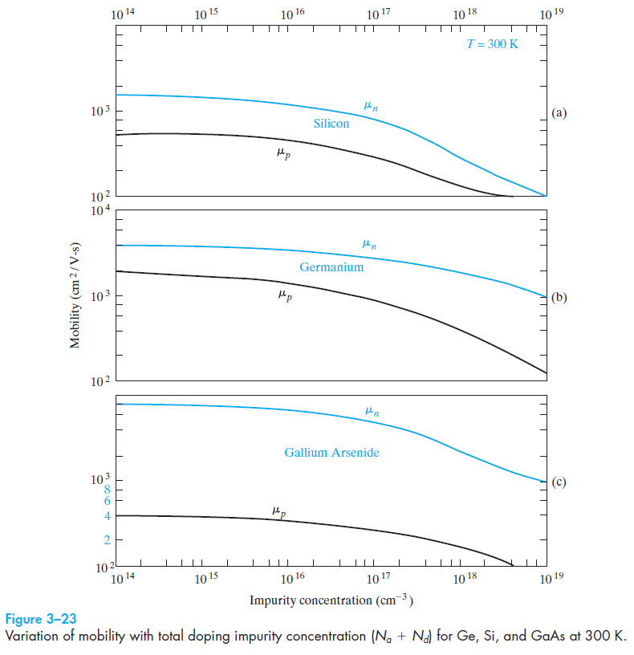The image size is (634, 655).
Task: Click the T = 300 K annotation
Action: [493, 44]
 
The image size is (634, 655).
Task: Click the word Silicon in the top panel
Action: [331, 124]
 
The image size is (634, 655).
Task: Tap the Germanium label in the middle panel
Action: [331, 266]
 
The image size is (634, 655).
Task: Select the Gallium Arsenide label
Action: [331, 453]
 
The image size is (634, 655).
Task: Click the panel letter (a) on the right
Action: [559, 113]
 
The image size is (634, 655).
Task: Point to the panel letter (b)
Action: [559, 297]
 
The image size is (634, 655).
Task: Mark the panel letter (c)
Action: [559, 482]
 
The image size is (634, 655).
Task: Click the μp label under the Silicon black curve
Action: [282, 153]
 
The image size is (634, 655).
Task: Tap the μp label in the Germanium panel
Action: [284, 295]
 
